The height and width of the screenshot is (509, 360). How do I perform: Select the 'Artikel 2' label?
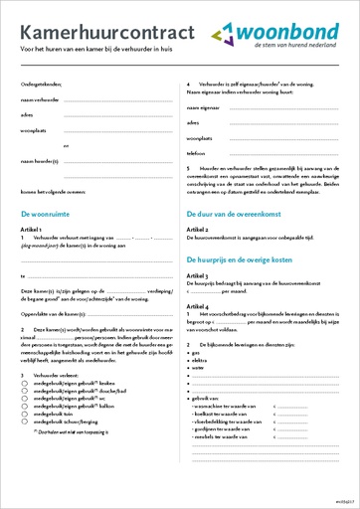tap(200, 229)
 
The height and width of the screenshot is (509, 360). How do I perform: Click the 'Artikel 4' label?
tap(200, 307)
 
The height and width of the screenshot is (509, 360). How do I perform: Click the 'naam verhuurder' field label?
tap(40, 101)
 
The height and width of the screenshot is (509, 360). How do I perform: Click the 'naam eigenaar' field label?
tap(205, 106)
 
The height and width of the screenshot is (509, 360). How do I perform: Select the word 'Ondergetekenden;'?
tap(42, 85)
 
